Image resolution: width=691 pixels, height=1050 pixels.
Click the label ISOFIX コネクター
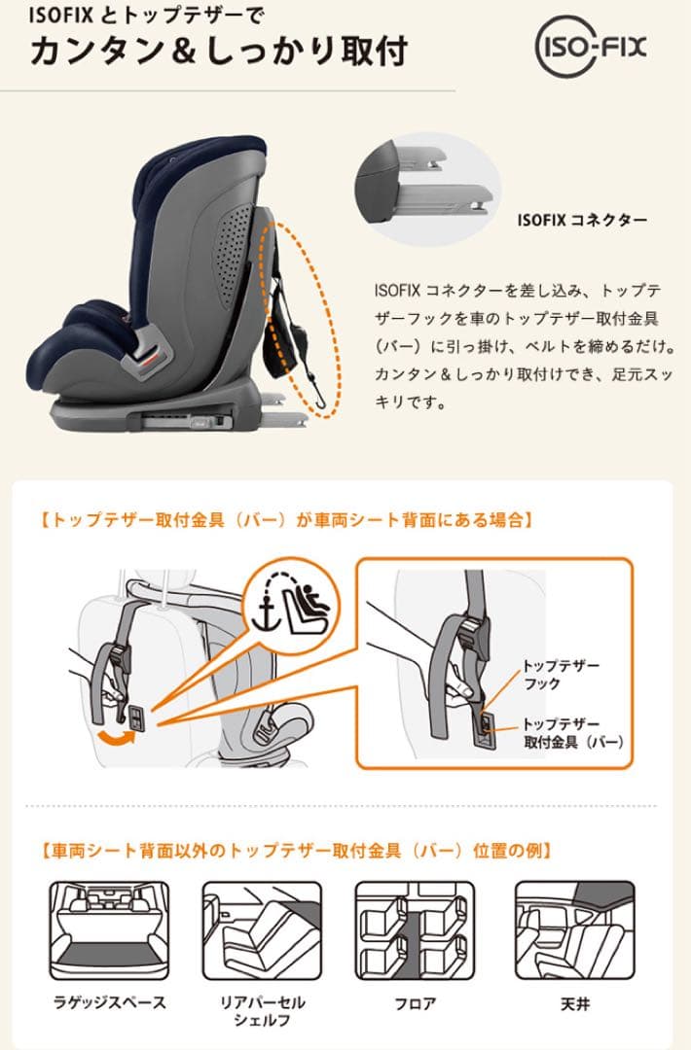[582, 221]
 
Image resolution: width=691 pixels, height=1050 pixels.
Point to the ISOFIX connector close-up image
[428, 190]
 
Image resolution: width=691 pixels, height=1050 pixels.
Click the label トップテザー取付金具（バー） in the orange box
[572, 733]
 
